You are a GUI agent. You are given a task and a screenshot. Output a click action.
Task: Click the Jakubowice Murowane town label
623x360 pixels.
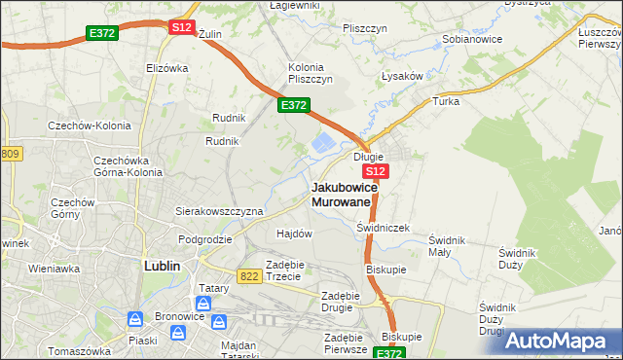[x=341, y=194]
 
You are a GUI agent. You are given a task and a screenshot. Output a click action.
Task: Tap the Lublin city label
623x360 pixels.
[x=163, y=264]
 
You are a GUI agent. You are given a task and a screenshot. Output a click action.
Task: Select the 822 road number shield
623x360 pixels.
[x=248, y=276]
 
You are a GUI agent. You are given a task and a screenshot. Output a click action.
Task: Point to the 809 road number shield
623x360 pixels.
[x=10, y=154]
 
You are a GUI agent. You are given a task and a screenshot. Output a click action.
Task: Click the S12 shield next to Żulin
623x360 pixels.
[x=182, y=27]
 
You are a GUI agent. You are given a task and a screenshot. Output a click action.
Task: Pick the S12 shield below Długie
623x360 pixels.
[x=379, y=171]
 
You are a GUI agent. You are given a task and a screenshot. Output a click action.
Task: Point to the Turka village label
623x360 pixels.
[x=446, y=100]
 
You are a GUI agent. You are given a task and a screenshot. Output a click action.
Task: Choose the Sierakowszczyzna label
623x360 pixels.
[x=219, y=210]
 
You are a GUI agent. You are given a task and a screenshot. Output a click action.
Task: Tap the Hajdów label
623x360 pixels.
[x=294, y=234]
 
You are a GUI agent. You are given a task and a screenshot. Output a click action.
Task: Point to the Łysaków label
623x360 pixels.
[x=400, y=76]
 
